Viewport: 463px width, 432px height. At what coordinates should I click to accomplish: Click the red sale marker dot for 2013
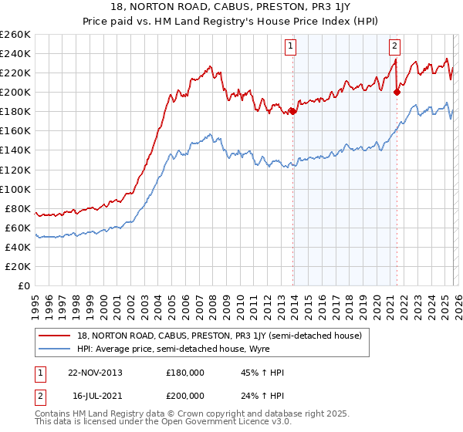[x=293, y=111]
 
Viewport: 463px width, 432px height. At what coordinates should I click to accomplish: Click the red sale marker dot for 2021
[x=397, y=92]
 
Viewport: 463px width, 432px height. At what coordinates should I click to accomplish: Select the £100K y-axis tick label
[x=15, y=189]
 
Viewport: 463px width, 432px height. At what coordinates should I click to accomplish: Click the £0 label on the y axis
[x=24, y=285]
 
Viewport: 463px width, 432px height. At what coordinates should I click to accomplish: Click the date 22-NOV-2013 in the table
[x=95, y=372]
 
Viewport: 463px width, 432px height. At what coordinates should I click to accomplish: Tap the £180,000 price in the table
[x=184, y=372]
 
